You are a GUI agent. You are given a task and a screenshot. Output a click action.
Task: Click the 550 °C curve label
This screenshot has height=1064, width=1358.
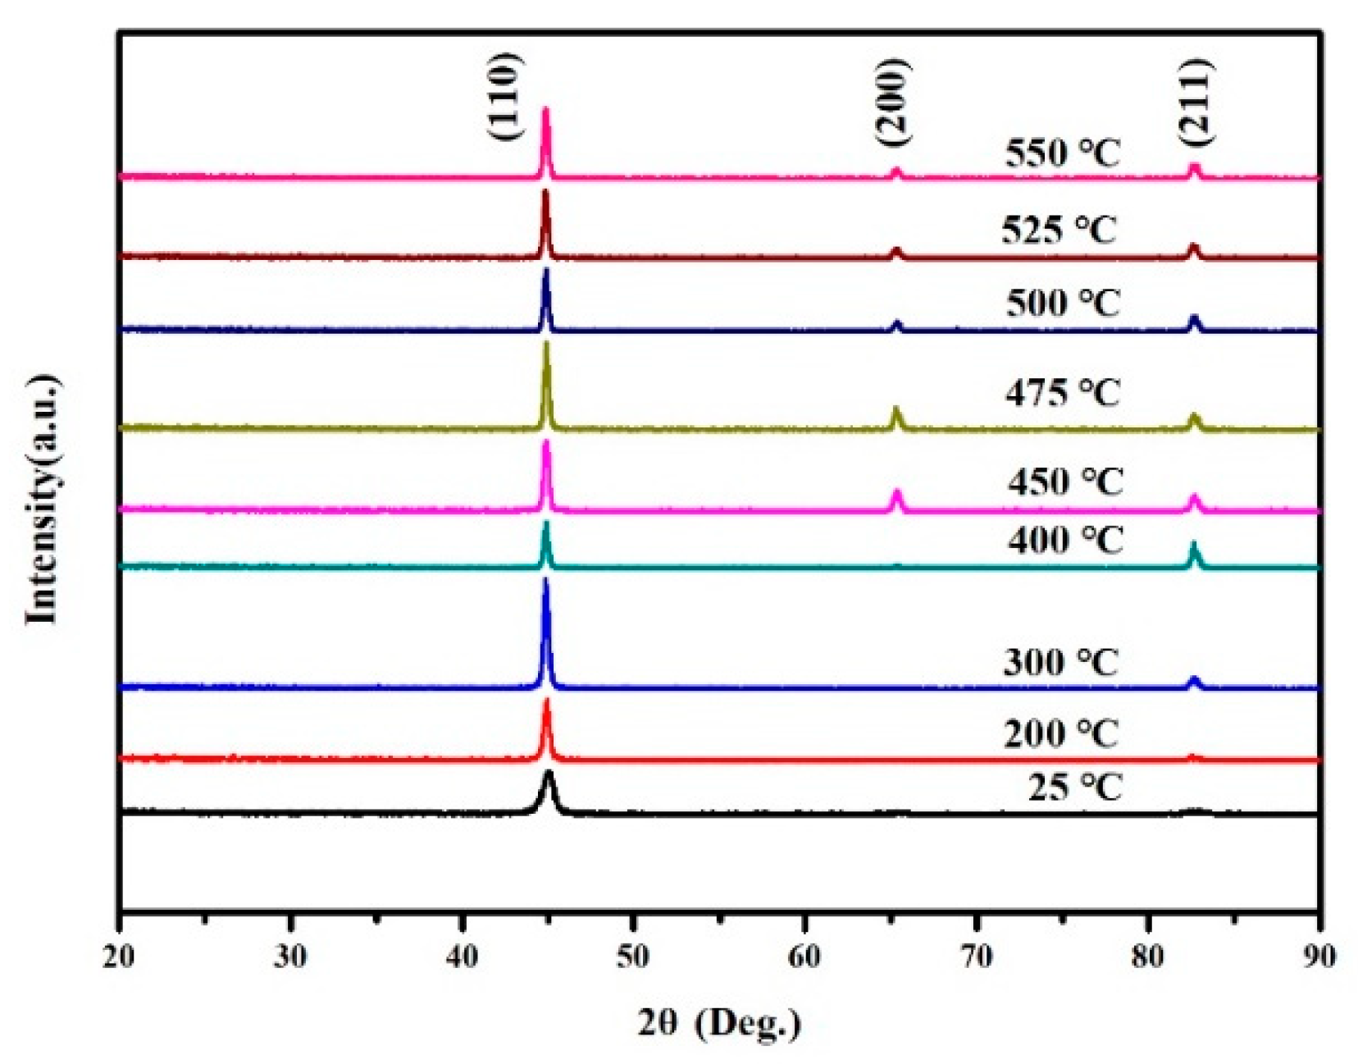click(x=1062, y=153)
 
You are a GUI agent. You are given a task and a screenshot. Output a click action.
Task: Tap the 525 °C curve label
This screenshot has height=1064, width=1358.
click(x=1059, y=230)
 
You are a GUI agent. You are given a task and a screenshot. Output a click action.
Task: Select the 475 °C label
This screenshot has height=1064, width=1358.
click(x=1062, y=393)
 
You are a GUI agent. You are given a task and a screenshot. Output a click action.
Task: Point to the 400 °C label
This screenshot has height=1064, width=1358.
click(x=1065, y=541)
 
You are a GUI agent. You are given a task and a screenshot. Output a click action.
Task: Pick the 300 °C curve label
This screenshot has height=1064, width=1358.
click(x=1060, y=662)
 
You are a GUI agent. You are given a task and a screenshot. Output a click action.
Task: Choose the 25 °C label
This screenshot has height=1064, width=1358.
click(x=1074, y=788)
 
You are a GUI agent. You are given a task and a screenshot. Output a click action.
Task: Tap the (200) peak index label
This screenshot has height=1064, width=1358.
click(x=892, y=103)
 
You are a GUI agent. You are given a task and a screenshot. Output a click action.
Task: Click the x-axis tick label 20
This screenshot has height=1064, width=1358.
click(x=120, y=957)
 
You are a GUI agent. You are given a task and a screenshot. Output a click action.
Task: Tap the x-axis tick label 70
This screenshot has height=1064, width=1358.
click(x=977, y=957)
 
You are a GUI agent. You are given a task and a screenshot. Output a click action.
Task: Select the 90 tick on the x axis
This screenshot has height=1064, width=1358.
click(x=1319, y=957)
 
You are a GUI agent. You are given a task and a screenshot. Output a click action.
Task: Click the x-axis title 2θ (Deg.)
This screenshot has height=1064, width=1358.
click(x=718, y=1023)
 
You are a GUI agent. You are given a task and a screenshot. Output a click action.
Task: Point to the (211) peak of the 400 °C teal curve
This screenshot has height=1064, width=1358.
click(x=1194, y=546)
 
